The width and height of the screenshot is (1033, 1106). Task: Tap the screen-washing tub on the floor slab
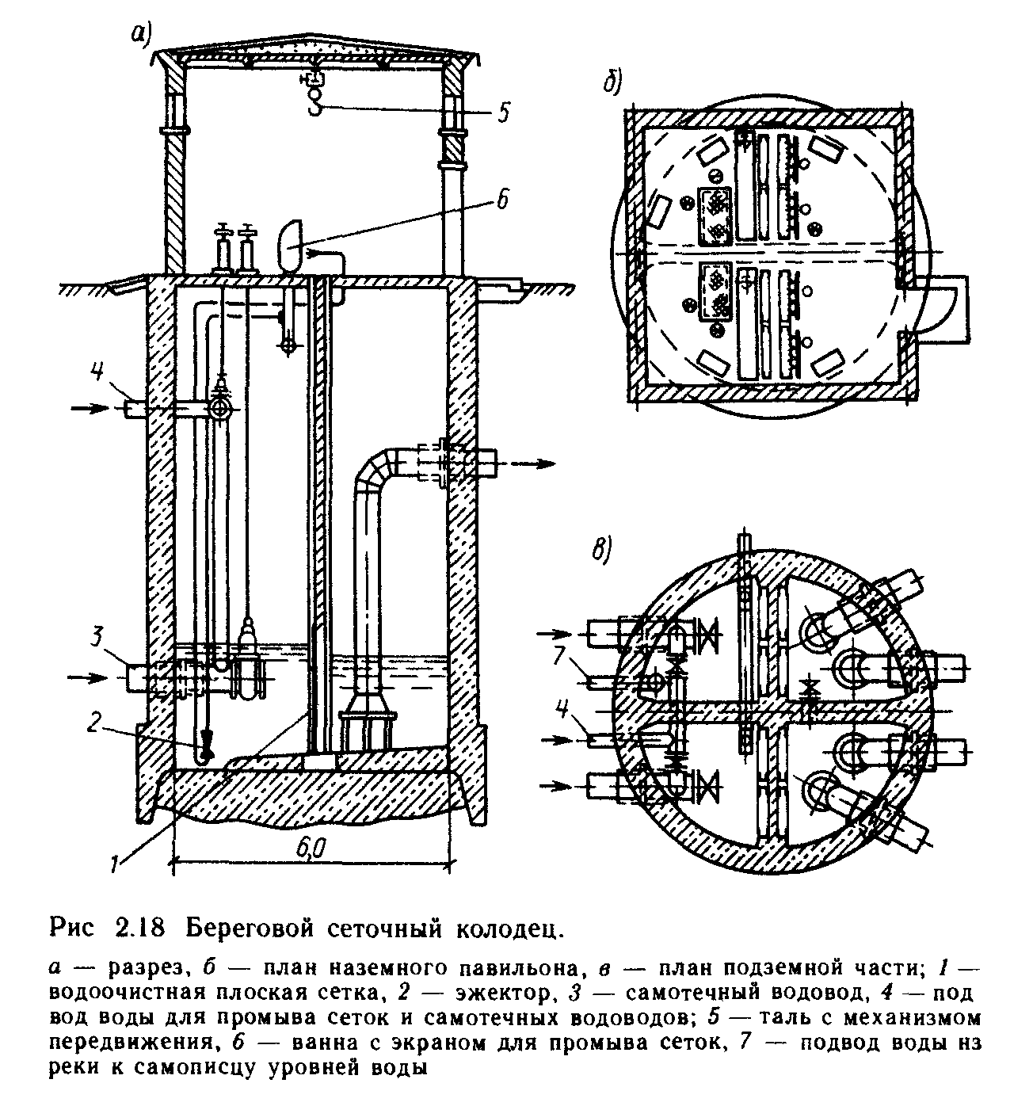point(292,240)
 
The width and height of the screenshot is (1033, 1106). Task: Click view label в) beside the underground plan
point(602,549)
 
